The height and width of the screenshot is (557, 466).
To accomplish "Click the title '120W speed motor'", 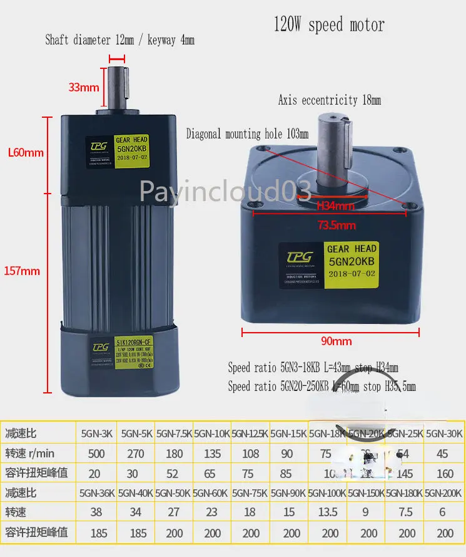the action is click(329, 25).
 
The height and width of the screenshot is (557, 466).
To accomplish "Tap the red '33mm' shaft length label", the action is click(84, 87).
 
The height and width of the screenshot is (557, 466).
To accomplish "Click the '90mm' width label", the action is click(337, 341).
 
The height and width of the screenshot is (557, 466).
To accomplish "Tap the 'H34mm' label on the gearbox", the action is click(335, 206).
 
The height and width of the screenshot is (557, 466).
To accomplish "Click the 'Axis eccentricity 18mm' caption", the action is click(329, 100).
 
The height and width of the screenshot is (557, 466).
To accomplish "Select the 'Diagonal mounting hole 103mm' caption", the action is click(247, 134).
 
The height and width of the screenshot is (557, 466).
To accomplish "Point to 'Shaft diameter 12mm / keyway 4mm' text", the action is click(119, 40).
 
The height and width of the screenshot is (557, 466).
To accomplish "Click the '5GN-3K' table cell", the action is click(97, 433).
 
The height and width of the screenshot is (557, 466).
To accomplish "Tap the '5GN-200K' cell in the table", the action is click(445, 493).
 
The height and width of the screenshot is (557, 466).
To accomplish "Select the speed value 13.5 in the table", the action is click(328, 513).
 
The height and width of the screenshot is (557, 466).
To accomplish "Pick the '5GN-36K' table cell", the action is click(97, 493).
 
